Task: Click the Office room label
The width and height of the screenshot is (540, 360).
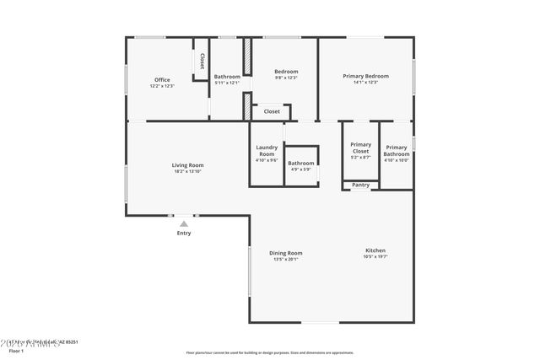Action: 162,80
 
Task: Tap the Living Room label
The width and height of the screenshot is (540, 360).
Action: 188,165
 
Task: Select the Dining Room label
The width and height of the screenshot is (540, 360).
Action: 286,253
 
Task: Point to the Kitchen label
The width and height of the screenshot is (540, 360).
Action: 375,250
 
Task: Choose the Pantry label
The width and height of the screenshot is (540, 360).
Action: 360,185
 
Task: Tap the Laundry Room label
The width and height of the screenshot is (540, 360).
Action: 267,151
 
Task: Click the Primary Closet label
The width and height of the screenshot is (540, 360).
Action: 360,148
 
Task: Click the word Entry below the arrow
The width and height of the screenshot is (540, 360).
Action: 184,234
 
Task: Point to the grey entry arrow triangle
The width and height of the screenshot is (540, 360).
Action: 184,223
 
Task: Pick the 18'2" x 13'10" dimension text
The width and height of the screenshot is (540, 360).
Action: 188,172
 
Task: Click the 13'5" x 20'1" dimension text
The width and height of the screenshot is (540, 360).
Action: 286,260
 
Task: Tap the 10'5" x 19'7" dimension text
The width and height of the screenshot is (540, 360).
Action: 375,257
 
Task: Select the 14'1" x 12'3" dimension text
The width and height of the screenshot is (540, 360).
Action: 365,83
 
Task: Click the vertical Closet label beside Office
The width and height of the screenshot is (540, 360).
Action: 202,61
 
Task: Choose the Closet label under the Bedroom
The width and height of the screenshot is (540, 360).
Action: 272,111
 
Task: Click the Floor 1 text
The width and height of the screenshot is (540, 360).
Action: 17,350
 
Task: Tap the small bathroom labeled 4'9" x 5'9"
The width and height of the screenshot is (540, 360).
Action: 301,166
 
